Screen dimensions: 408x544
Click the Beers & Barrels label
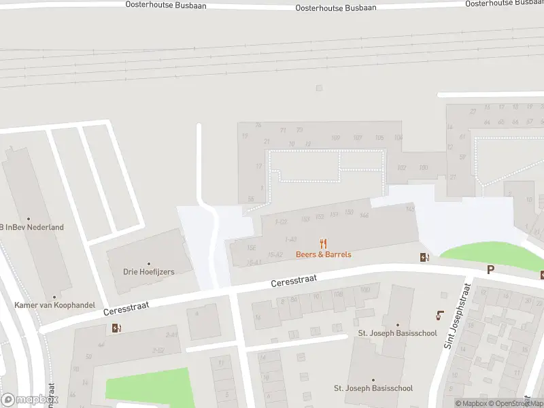(x=323, y=254)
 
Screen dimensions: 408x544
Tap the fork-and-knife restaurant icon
(x=324, y=243)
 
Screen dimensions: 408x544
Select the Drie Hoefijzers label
(x=149, y=272)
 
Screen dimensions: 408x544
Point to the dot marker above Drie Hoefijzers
(x=149, y=263)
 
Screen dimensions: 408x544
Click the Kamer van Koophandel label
(x=54, y=305)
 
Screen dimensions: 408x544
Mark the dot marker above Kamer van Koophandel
(x=54, y=297)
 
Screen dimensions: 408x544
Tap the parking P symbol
(x=490, y=270)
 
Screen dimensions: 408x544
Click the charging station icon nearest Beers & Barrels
(x=424, y=257)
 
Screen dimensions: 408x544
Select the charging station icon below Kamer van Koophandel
(x=116, y=328)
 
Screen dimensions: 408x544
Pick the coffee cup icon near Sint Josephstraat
(x=439, y=316)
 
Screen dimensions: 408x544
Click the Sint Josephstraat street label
(x=456, y=316)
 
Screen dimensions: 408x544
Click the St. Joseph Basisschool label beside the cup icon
(x=398, y=334)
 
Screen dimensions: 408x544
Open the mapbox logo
(x=29, y=399)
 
